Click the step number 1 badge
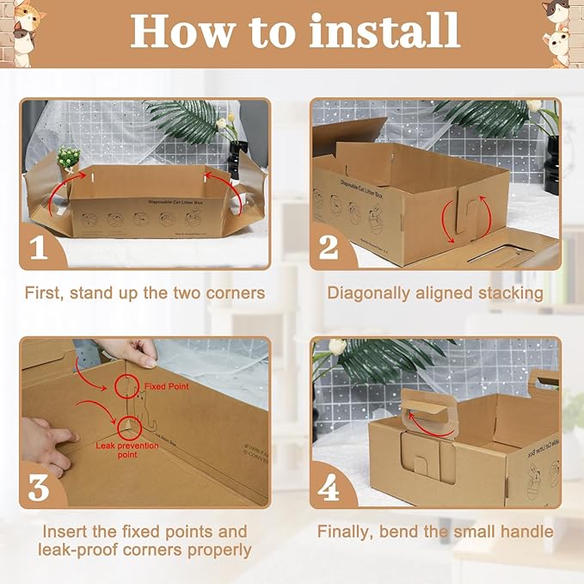pos(39,248)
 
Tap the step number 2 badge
pos(329,248)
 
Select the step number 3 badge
pos(39,487)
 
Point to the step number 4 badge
pos(329,487)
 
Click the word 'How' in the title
pos(177,31)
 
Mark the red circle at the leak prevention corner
pos(127,427)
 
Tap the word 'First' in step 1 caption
pos(46,293)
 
